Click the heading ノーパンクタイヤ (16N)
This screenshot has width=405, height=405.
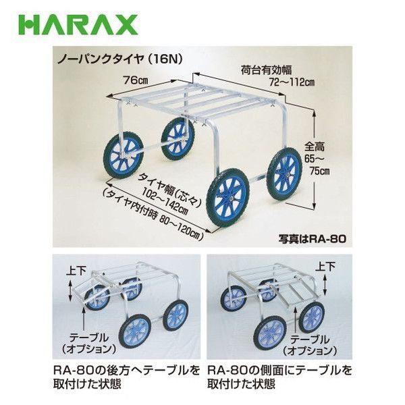[120, 59]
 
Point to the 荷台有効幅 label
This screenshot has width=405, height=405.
[266, 70]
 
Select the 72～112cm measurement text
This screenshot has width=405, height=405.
[292, 82]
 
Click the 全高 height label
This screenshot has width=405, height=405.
[315, 147]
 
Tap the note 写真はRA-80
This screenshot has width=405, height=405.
[312, 239]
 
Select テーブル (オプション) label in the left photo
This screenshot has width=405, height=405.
[88, 344]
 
